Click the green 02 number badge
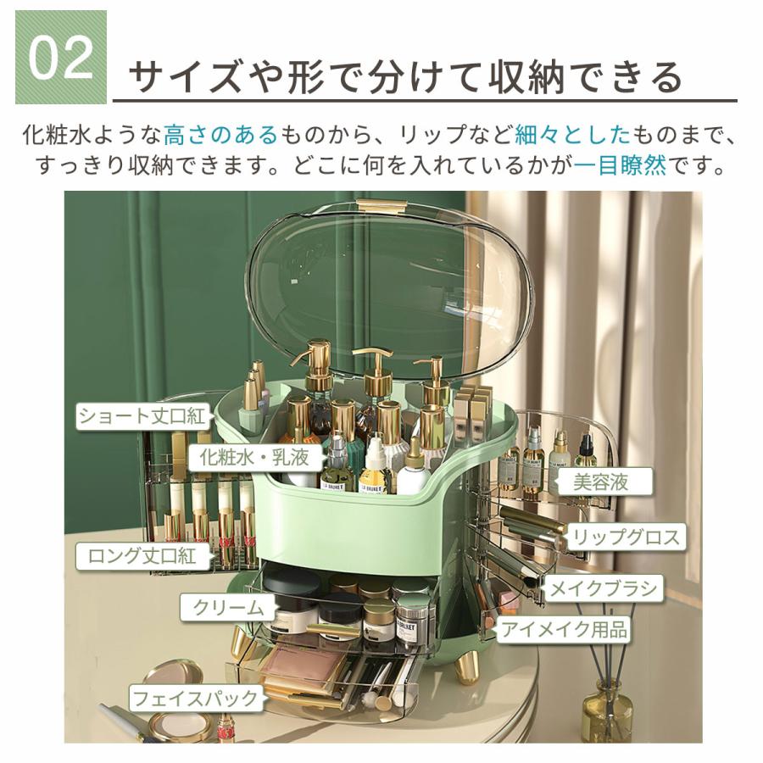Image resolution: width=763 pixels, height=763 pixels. (x=61, y=58)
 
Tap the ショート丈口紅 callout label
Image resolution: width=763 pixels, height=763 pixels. (x=142, y=416)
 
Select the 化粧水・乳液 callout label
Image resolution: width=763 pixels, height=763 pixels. (x=254, y=458)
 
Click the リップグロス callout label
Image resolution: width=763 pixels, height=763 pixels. (x=626, y=537)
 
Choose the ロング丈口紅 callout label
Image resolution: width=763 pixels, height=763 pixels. (x=142, y=556)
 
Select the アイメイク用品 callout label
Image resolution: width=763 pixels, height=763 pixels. (x=565, y=629)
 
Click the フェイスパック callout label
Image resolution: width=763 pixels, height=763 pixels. (x=195, y=699)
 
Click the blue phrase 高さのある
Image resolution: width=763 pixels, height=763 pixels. (x=220, y=134)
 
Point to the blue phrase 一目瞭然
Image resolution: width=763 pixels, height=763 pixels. (x=620, y=165)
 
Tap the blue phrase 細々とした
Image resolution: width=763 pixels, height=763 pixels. (x=572, y=134)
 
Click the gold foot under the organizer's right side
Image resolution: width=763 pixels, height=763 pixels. (x=468, y=666)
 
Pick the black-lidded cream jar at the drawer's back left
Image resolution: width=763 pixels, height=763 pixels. (x=290, y=585)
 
